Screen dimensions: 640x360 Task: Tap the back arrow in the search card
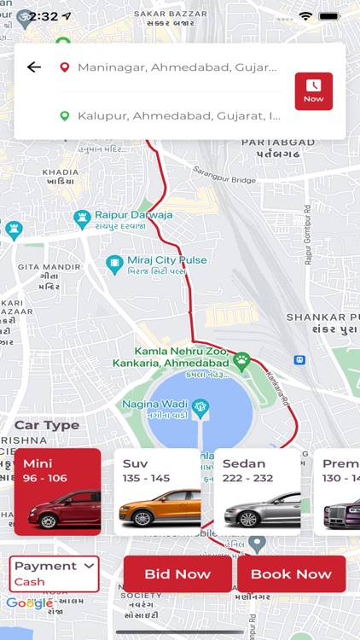click(x=34, y=67)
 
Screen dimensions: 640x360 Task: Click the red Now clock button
click(x=313, y=91)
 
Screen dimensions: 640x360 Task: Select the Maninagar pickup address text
click(x=177, y=67)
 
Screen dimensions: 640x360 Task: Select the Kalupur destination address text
click(x=178, y=115)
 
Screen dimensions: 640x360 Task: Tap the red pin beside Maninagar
click(x=64, y=67)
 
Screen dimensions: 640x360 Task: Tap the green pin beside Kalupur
click(x=64, y=115)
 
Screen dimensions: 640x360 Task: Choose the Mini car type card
click(x=58, y=492)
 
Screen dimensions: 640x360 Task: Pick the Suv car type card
click(x=158, y=492)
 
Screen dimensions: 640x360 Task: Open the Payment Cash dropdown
click(x=54, y=573)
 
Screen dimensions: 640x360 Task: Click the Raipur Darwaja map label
click(x=132, y=218)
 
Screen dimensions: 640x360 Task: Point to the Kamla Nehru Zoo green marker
click(x=242, y=360)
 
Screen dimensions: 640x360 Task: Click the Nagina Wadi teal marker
click(x=200, y=406)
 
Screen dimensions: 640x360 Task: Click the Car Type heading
click(x=47, y=425)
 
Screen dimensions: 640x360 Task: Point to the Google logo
click(x=29, y=603)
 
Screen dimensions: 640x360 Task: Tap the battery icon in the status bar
click(x=329, y=16)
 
